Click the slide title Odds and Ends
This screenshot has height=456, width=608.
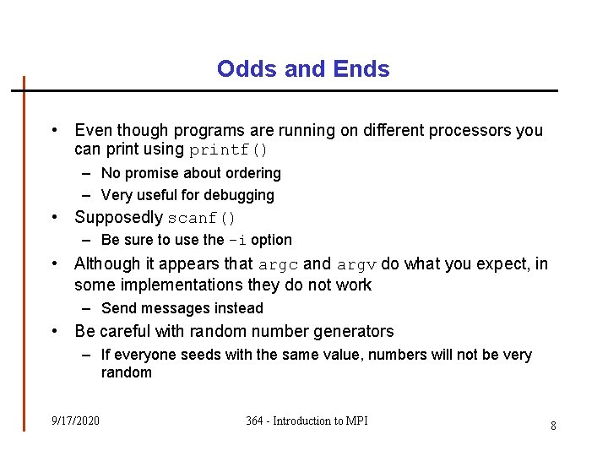pyautogui.click(x=303, y=68)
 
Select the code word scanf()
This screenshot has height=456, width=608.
pyautogui.click(x=202, y=218)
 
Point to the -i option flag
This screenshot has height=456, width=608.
pyautogui.click(x=237, y=240)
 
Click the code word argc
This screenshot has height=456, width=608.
pyautogui.click(x=277, y=264)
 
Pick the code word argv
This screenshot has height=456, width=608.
pyautogui.click(x=356, y=264)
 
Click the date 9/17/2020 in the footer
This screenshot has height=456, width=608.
pyautogui.click(x=75, y=421)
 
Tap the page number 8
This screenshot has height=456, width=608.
pyautogui.click(x=553, y=426)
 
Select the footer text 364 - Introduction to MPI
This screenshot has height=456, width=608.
pyautogui.click(x=307, y=421)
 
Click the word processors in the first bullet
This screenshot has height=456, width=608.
pyautogui.click(x=470, y=130)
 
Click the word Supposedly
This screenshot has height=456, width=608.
pyautogui.click(x=118, y=217)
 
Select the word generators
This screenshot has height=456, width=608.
pyautogui.click(x=354, y=331)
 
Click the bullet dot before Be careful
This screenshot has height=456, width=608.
pyautogui.click(x=54, y=331)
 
